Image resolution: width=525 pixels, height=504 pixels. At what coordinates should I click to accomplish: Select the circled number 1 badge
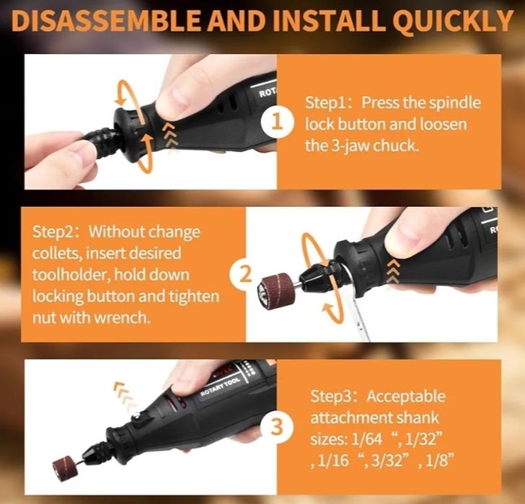click(278, 122)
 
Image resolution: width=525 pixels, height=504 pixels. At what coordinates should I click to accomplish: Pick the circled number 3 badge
click(277, 428)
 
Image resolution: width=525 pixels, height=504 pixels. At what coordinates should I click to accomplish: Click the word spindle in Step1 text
click(454, 103)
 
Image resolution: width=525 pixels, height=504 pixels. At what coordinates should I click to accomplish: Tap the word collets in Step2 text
click(56, 253)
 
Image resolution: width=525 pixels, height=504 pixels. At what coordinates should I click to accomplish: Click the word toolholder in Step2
click(71, 275)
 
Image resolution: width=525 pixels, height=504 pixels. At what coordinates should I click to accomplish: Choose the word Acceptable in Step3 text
click(406, 397)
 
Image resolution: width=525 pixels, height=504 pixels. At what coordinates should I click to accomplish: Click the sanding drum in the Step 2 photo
click(275, 289)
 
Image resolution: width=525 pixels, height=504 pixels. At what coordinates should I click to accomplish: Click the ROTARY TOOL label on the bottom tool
click(220, 387)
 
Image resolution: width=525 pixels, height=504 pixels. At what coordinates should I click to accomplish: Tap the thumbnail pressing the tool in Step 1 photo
click(177, 99)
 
